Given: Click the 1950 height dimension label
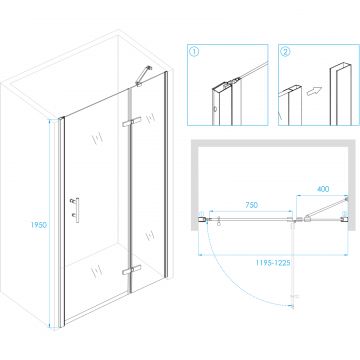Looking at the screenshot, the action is pos(39,225).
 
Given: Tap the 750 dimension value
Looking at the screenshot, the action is pos(251,205).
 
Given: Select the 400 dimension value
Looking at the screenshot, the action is pos(323,189).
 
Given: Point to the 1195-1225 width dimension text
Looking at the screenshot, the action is pos(273,262).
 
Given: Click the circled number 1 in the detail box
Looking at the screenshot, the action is pos(194,52).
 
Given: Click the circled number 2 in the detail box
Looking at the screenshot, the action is pos(286,52).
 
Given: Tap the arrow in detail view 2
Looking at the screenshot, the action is pos(315,90).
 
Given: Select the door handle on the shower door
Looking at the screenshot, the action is pos(75,210).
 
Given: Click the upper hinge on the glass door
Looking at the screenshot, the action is pos(132,122).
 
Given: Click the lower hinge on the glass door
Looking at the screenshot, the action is pos(132,270).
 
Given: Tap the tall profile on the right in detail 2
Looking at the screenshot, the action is pos(339,94).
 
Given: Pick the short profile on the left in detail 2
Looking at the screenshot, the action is pos(291,106).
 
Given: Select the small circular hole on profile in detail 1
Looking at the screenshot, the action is pos(215,108).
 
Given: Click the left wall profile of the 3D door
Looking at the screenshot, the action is pos(61,222).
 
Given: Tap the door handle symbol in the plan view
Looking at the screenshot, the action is pos(219,223).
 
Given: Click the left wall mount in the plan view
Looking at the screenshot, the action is pos(202,219).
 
